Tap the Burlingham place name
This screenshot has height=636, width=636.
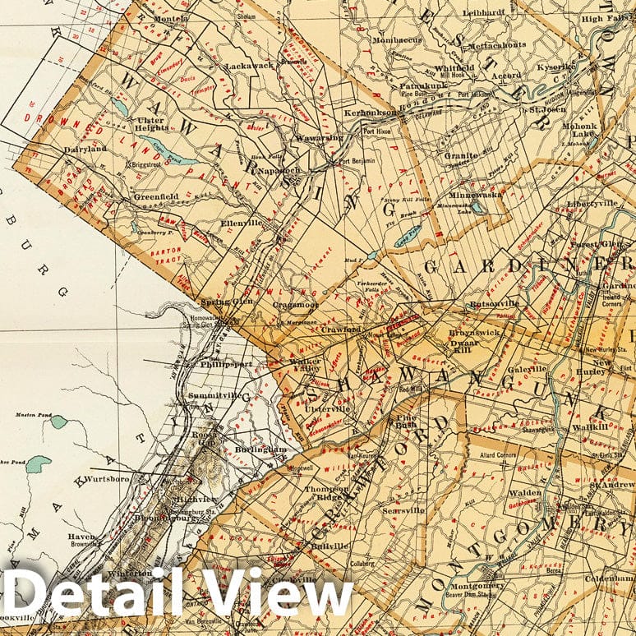tap(263, 449)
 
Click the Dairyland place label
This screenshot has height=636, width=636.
tap(85, 150)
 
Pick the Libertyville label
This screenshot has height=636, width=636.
tap(592, 202)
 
